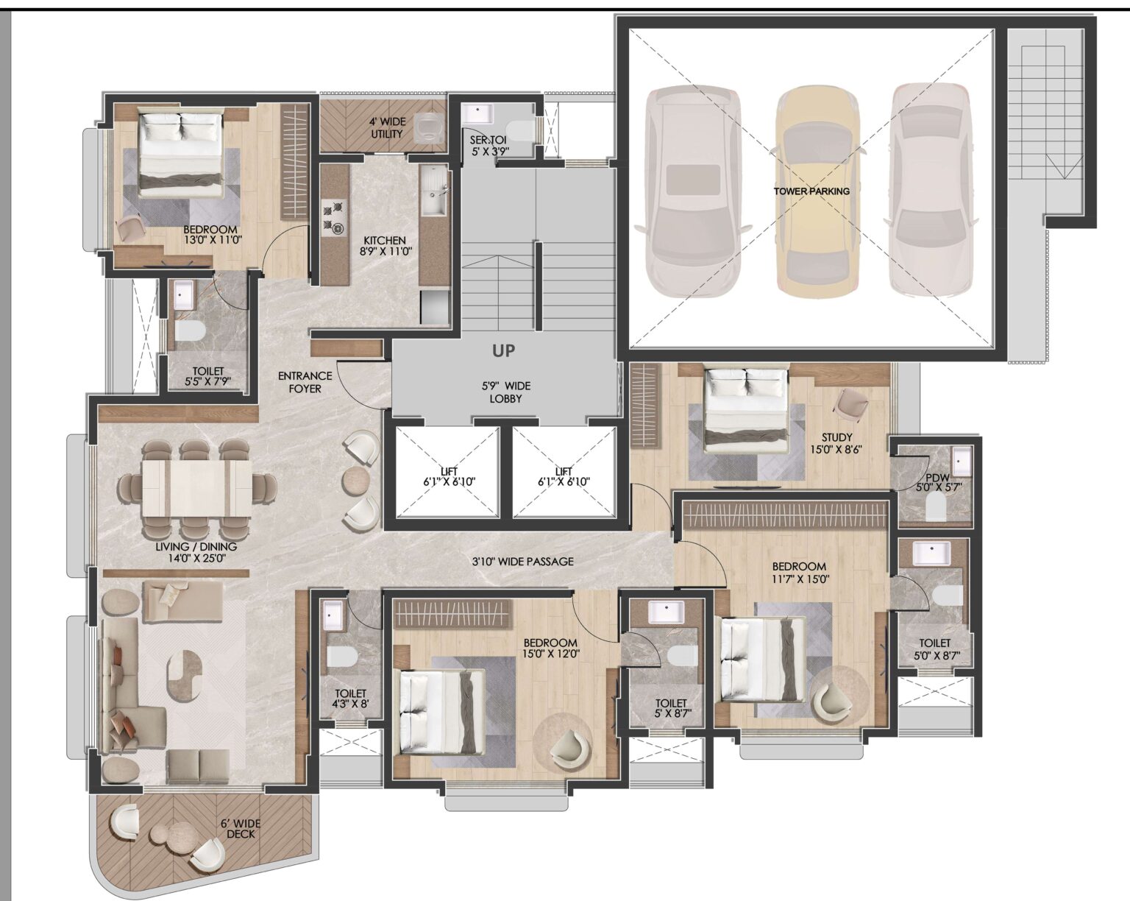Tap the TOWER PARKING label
click(x=811, y=191)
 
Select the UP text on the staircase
click(x=504, y=351)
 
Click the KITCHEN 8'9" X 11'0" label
click(x=385, y=246)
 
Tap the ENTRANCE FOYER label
click(x=305, y=382)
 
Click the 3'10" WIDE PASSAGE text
click(x=522, y=562)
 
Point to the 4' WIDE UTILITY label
click(x=386, y=127)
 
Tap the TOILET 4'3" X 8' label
click(x=350, y=698)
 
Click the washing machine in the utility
click(x=427, y=126)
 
